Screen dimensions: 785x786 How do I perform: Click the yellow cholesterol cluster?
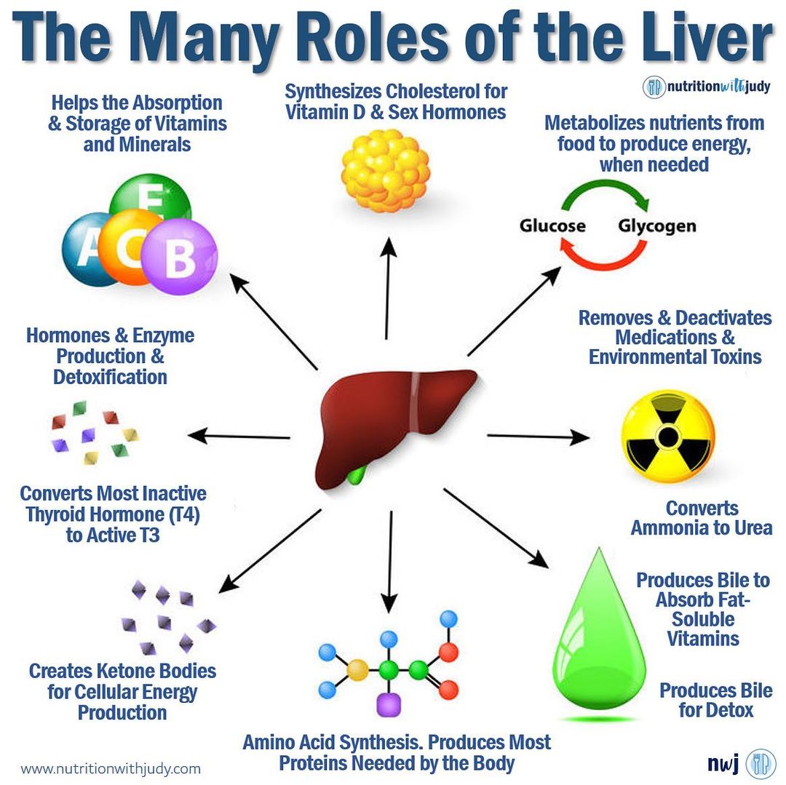[386, 171]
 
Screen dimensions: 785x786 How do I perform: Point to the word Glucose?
[552, 226]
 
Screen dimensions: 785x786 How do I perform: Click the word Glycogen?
[657, 226]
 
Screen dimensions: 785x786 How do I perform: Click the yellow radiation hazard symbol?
[664, 435]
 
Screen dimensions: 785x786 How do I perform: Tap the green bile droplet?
[599, 640]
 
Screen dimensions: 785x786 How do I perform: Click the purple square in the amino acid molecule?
[389, 704]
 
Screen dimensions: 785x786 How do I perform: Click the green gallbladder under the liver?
[357, 476]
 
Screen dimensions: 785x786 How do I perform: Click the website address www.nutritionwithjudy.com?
[111, 768]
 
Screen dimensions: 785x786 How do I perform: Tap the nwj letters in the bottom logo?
[723, 763]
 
